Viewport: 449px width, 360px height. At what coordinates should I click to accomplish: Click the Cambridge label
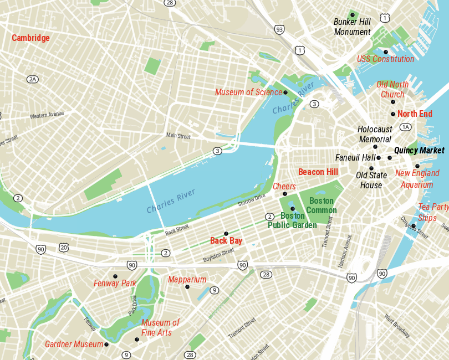coord(31,38)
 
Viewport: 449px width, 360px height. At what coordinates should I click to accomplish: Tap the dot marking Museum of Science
coord(285,92)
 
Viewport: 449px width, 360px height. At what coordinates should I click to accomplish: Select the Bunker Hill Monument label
coord(352,27)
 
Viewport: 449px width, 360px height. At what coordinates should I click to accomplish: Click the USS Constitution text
coord(385,59)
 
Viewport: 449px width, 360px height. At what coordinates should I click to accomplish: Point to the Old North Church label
coord(392,89)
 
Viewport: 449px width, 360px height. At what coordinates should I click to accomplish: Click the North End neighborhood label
coord(415,114)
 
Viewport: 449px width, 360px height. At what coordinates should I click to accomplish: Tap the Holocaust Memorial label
coord(375,135)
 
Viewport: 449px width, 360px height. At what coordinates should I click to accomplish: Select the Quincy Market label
coord(419,151)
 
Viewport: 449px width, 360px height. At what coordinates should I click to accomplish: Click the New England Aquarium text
coord(417,179)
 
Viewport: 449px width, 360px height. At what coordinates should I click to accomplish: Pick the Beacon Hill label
coord(318,172)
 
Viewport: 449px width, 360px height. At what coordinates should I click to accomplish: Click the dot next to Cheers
coord(285,194)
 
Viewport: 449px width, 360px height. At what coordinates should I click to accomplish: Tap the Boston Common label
coord(322,205)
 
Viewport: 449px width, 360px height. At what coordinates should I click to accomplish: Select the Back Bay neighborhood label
coord(226,241)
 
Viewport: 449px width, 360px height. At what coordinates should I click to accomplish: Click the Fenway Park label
coord(115,284)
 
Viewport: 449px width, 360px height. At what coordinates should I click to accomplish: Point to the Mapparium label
coord(187,280)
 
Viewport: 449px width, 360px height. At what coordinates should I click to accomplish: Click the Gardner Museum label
coord(74,344)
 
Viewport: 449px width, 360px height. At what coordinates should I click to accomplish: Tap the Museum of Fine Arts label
coord(160,327)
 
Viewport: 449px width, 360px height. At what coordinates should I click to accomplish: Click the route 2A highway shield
coord(33,79)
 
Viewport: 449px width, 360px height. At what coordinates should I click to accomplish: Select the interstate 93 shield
coord(279,29)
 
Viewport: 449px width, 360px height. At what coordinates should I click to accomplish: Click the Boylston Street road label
coord(219,255)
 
